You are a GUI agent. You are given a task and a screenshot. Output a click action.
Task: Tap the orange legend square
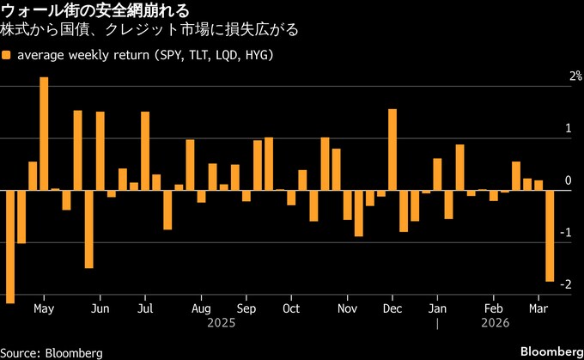7,56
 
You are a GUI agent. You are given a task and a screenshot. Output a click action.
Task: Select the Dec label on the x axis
392,308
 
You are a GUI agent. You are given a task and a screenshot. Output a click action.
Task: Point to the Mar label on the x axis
538,308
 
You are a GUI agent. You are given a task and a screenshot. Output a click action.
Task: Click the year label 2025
222,323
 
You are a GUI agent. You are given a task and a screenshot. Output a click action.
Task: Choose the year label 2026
496,323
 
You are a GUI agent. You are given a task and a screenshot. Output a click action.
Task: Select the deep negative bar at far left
10,246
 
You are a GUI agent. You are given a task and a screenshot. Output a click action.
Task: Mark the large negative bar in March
550,235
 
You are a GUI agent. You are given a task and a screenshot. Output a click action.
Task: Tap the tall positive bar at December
392,149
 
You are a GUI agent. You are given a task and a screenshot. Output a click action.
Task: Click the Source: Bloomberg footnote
52,352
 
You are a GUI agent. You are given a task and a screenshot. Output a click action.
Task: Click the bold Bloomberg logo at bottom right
551,351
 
